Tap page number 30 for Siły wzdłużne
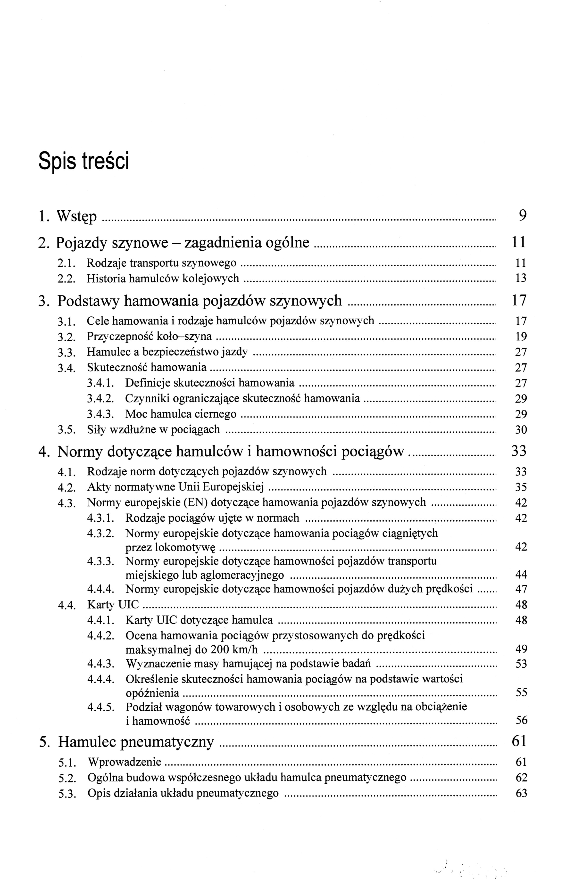click(x=521, y=430)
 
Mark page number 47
click(x=521, y=589)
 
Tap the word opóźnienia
click(x=153, y=693)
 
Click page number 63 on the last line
click(x=521, y=793)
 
